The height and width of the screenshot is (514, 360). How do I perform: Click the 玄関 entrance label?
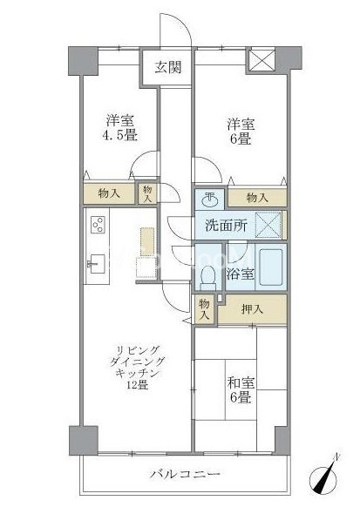point(168,68)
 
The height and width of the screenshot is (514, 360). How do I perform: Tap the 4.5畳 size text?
point(120,135)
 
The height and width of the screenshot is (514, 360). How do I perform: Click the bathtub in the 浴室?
point(271,267)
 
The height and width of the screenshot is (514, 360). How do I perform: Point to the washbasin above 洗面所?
point(210,200)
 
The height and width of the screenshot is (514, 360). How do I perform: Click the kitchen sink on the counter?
point(97,264)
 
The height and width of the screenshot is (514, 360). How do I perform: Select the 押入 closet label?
point(252,309)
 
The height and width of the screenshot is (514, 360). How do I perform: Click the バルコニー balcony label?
point(185,474)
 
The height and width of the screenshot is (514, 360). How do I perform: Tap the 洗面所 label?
point(227,226)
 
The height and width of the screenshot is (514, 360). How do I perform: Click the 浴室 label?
point(240,274)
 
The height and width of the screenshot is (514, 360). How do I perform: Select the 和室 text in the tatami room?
point(241,382)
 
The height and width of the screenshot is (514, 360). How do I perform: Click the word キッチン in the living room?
point(138,373)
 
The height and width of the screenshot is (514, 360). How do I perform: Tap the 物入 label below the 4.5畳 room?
point(109,193)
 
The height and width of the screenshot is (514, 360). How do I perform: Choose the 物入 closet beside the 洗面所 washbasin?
point(257,198)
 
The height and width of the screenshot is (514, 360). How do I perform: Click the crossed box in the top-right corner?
point(262,59)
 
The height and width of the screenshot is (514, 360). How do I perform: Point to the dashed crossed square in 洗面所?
point(268,225)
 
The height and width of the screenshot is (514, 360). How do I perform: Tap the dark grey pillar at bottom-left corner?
point(84,440)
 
